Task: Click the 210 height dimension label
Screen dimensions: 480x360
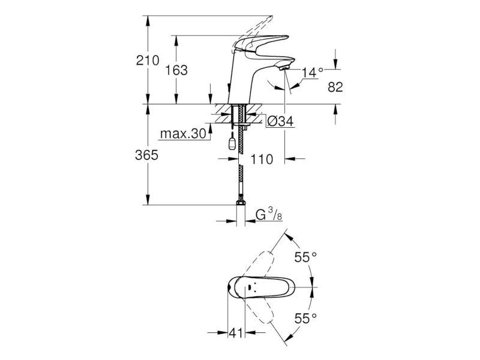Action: point(148,61)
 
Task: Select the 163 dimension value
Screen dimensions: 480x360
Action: point(176,70)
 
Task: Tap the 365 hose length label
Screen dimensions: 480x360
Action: point(146,155)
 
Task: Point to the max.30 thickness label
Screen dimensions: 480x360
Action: point(184,133)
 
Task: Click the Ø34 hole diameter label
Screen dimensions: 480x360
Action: point(280,122)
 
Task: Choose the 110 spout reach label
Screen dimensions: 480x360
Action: point(262,159)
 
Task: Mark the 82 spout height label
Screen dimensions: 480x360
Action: point(335,87)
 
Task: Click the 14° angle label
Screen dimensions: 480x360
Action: point(312,73)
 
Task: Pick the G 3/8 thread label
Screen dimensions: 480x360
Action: point(269,214)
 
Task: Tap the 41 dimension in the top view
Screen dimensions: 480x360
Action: point(236,333)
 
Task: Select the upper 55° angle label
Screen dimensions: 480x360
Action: point(305,257)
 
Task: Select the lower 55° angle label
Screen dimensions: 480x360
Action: point(305,319)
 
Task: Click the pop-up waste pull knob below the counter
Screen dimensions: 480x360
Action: point(232,143)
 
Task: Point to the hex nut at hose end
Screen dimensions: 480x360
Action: point(241,203)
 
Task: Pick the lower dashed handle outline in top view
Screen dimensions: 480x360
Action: point(258,309)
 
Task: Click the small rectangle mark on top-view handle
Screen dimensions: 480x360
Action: point(250,287)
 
